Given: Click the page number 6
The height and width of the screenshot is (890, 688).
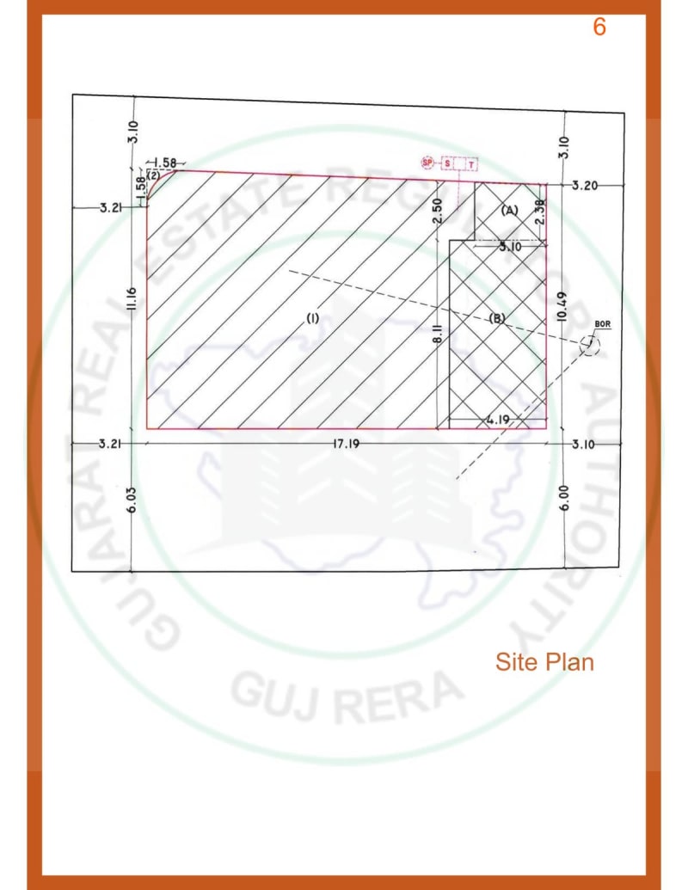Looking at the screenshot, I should pos(599,27).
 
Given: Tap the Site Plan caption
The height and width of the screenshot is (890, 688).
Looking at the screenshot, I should pos(544,662).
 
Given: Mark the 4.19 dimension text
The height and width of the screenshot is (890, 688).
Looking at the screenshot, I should pos(499,420).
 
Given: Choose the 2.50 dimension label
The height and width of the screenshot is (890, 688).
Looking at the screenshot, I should pos(438,210).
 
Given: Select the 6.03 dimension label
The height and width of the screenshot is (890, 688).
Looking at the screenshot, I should pos(132,501).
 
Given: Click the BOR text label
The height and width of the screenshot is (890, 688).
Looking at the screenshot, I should pos(601,323).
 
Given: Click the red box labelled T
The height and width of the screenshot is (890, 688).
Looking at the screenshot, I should pos(471,163).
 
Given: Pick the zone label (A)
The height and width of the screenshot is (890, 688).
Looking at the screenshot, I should pos(509,210).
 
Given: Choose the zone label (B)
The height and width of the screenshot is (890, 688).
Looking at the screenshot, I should pos(497,318).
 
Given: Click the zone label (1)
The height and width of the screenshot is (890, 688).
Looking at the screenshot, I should pos(312,318).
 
